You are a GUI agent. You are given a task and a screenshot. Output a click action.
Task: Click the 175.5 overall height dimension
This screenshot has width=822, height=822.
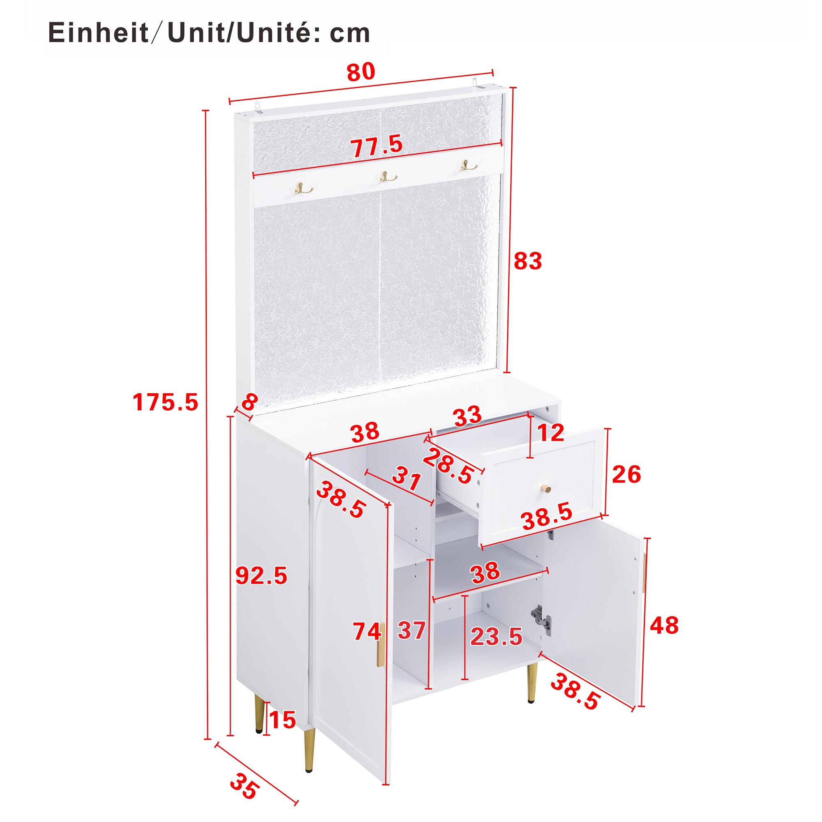pos(165,402)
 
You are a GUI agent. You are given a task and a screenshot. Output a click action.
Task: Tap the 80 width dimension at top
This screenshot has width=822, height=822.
pos(361,72)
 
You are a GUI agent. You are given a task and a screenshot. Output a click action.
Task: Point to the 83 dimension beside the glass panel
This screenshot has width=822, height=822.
pos(528,261)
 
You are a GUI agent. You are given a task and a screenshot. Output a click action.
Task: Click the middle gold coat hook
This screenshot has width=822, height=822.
pos(388,177)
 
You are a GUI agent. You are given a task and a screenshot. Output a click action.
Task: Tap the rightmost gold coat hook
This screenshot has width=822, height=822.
pos(469,165)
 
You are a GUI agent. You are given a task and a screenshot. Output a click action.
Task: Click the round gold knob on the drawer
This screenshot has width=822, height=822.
pos(546,488)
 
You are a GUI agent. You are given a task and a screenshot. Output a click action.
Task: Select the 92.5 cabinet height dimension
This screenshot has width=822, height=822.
pos(261,576)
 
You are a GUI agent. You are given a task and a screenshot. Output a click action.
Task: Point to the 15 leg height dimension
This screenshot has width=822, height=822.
pos(282,720)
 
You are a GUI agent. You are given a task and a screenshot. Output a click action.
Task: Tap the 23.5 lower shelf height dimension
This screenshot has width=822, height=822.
pos(496,637)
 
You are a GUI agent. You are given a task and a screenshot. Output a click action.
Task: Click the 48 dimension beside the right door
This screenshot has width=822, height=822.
pos(664,626)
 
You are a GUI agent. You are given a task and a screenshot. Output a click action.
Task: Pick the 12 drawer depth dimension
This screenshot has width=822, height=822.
pos(551,433)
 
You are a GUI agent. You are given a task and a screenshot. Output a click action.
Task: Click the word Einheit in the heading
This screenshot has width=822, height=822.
pos(98,33)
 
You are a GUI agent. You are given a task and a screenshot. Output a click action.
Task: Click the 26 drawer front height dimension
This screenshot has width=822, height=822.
pos(626,474)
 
